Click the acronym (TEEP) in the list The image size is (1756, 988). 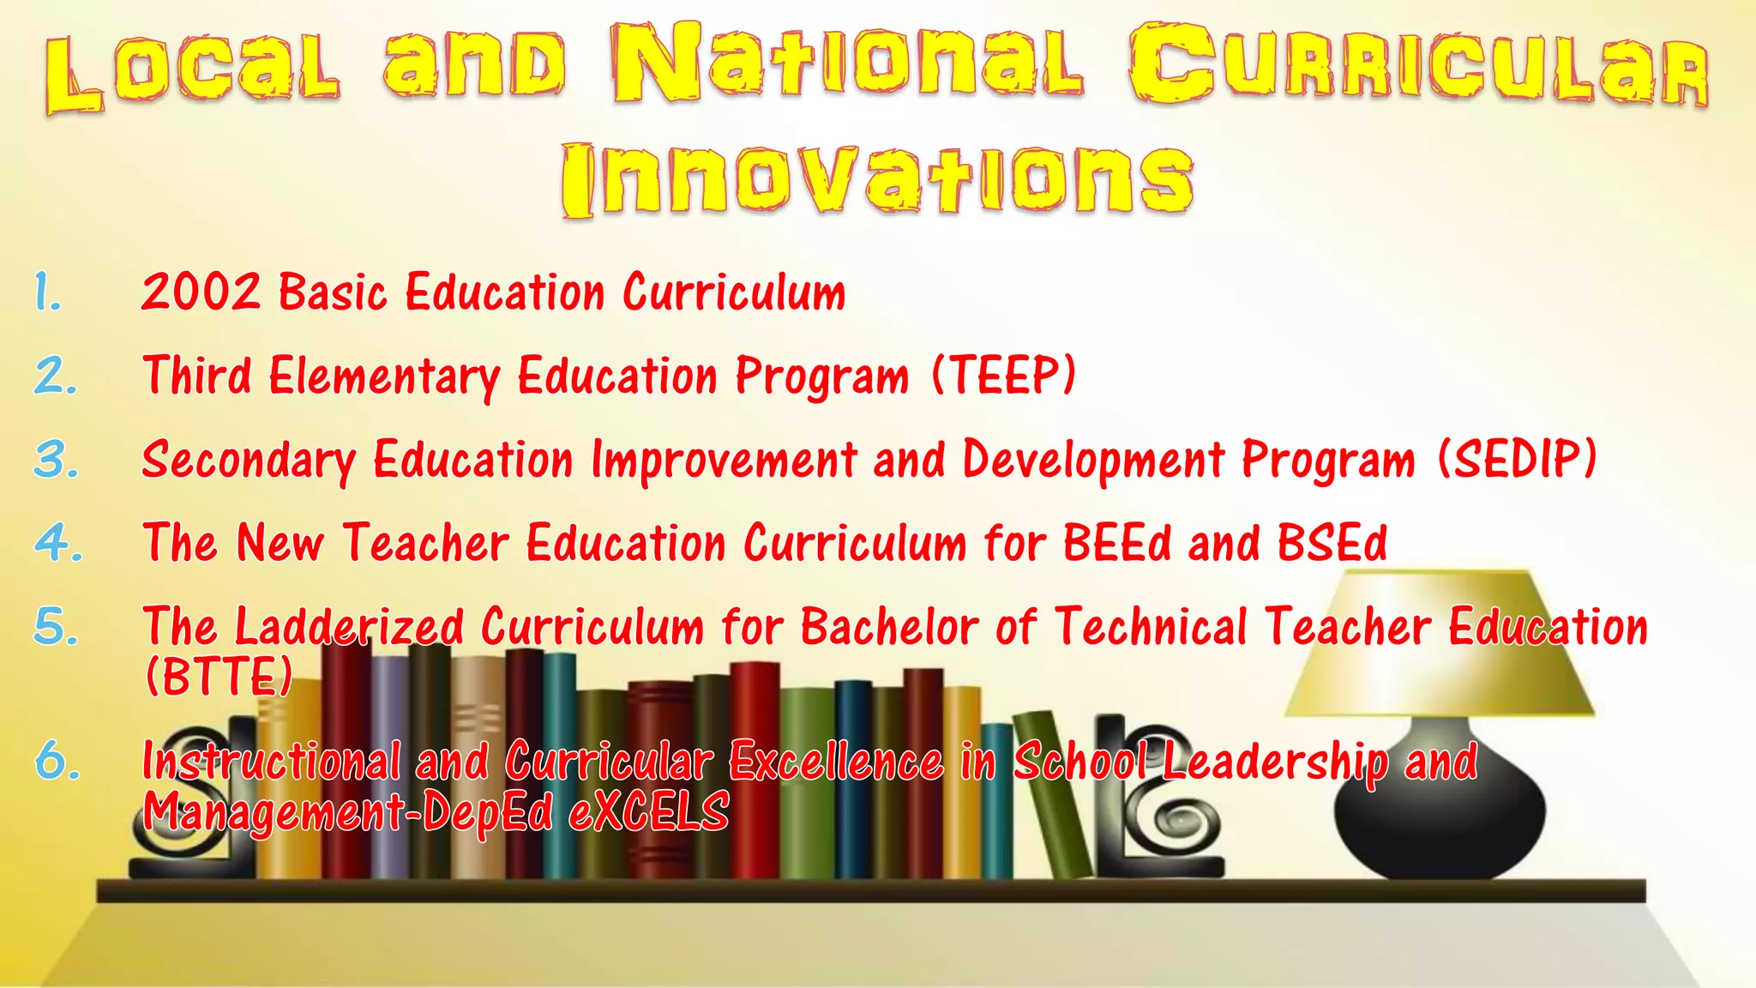click(1003, 375)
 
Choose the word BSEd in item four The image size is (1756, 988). click(1332, 543)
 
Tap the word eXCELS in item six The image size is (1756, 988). click(649, 810)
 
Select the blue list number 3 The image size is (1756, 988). click(57, 460)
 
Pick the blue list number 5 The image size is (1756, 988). click(57, 626)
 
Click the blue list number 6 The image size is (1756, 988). click(57, 761)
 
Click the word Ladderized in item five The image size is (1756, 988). click(349, 626)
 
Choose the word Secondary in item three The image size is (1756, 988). click(249, 460)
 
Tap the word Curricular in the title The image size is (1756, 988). click(1418, 64)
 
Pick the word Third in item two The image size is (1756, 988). click(198, 375)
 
